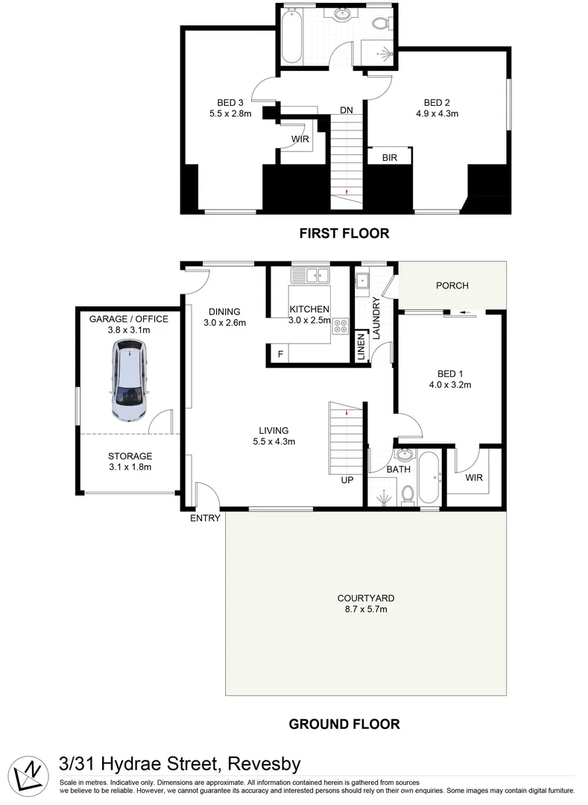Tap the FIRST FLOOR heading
344,233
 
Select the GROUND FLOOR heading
344,724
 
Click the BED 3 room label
230,103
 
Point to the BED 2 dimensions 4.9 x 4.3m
437,114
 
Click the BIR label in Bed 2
389,158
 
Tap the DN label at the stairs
346,110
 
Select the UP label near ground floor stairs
347,480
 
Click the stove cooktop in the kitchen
341,326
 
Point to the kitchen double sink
311,276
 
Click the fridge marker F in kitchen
279,355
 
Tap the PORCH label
452,285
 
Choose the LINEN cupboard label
361,347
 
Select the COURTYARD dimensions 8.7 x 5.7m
364,609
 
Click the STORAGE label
129,456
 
